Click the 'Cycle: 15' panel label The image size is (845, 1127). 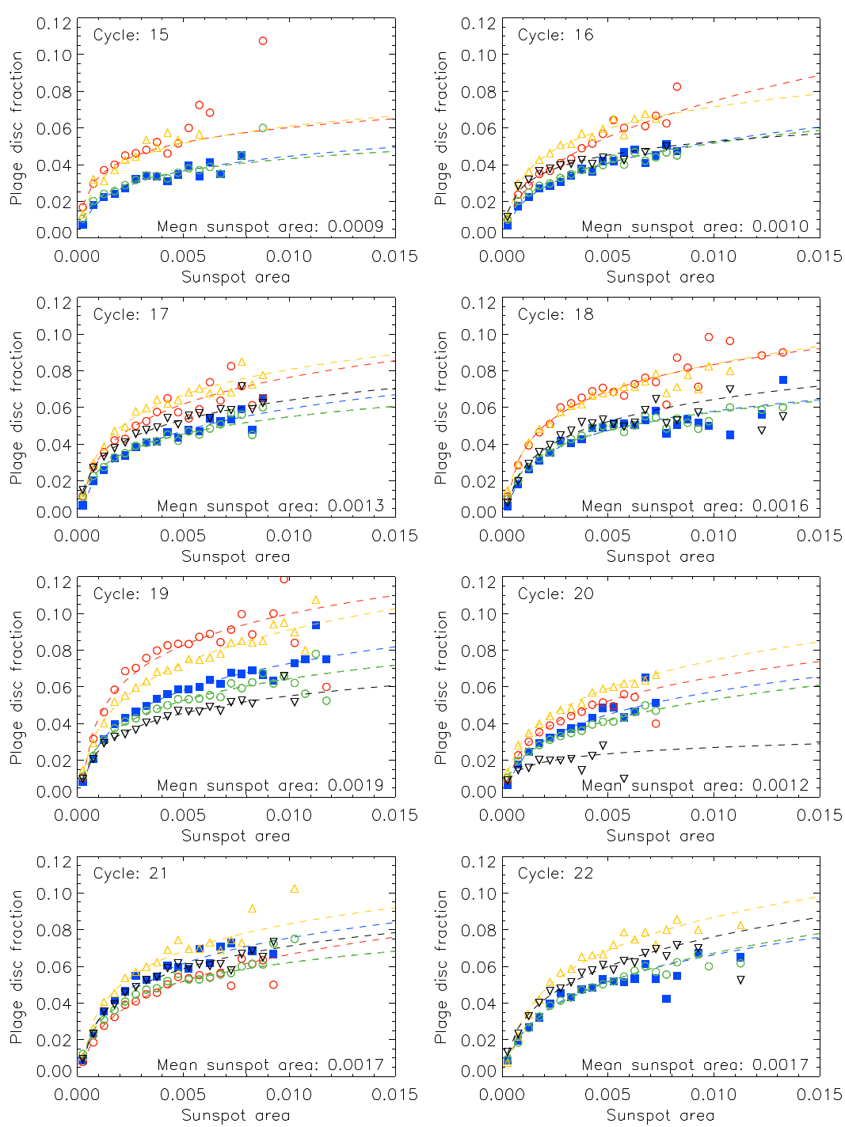131,35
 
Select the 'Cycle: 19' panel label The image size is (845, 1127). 131,594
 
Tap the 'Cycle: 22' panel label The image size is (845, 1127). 555,873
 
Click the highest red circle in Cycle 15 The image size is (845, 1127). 263,41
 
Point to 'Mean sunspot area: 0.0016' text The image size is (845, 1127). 695,506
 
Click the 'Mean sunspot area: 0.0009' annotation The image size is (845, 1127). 271,226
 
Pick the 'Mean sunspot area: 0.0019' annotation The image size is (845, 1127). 271,785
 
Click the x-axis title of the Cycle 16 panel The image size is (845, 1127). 660,277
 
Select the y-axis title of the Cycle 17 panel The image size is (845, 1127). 17,408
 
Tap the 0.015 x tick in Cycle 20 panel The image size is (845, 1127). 819,815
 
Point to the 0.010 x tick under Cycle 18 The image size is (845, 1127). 713,536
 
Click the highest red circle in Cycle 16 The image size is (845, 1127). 676,87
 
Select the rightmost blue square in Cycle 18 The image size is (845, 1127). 783,380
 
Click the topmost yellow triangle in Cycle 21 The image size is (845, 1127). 295,889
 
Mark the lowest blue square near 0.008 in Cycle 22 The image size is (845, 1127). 666,999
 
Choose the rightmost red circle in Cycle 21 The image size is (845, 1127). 273,985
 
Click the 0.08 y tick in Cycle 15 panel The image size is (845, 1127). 54,92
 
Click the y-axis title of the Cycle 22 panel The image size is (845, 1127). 441,966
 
